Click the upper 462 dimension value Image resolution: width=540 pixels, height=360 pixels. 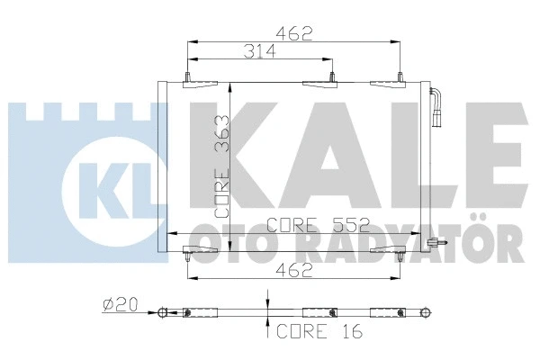[294, 34]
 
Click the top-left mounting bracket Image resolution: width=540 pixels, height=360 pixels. [196, 85]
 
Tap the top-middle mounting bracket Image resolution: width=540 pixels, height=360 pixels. [319, 85]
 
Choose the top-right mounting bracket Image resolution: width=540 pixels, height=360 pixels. [389, 84]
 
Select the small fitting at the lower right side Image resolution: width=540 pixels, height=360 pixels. [436, 241]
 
